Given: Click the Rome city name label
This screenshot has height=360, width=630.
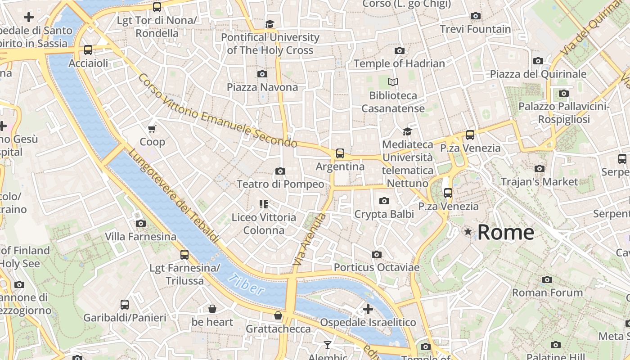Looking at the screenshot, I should [x=505, y=232].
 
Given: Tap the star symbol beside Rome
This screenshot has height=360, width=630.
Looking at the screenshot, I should [x=468, y=232].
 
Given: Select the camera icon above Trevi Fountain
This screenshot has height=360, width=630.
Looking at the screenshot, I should [x=475, y=16].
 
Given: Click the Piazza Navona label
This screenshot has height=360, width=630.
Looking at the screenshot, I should [x=262, y=87].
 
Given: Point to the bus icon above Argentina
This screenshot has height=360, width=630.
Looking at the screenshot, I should [x=340, y=153].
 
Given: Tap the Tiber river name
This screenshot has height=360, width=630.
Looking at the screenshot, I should [x=246, y=284].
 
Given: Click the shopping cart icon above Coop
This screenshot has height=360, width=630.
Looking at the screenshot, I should [x=152, y=129].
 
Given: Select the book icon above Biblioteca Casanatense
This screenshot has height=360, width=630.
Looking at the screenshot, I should [x=393, y=82].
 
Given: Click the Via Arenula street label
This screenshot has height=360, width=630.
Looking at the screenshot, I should [x=309, y=238].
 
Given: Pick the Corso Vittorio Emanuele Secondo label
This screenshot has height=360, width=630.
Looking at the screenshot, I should [x=217, y=111].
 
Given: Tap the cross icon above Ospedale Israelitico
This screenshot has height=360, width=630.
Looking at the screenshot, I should [x=368, y=309].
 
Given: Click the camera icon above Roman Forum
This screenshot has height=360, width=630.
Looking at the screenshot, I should [x=547, y=279].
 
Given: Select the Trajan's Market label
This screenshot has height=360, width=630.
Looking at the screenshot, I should [x=539, y=182].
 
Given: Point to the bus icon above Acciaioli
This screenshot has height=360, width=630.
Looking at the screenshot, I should [x=88, y=50].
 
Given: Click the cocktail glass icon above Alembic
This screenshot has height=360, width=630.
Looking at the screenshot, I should [x=328, y=345].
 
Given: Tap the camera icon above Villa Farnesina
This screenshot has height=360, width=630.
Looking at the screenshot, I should [x=141, y=223].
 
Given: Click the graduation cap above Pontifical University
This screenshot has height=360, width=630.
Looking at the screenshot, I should [x=270, y=24].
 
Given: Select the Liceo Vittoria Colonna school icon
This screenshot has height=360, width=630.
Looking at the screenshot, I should [x=264, y=204].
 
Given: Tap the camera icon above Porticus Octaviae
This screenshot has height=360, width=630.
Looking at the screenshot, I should [x=377, y=254].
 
